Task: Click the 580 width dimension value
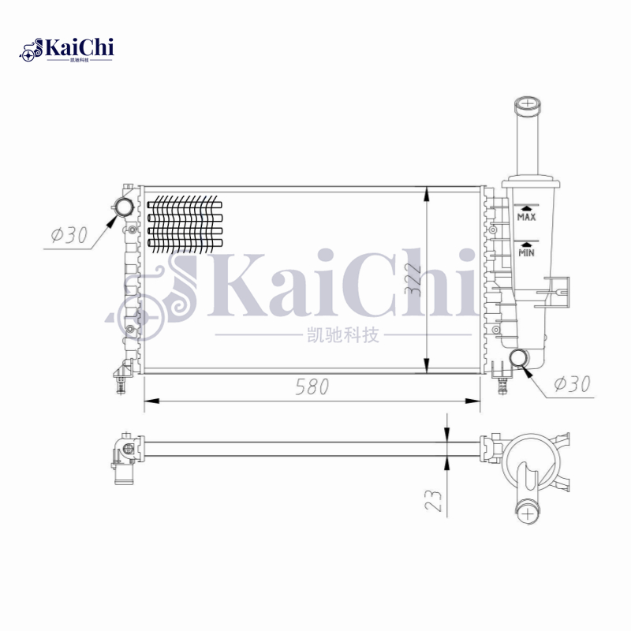[x=312, y=386]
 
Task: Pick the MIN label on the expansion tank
[x=526, y=252]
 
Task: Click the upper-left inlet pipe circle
[x=125, y=208]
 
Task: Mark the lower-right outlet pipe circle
[x=520, y=359]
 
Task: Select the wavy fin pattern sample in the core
[x=185, y=223]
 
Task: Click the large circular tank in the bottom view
[x=526, y=461]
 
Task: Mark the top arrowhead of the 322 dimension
[x=427, y=192]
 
